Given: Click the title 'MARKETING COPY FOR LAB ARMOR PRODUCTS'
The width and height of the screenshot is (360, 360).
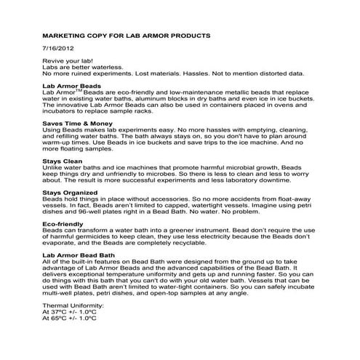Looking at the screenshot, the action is point(127,35).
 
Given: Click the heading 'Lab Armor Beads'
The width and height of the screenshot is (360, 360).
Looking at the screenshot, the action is point(70,87).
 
